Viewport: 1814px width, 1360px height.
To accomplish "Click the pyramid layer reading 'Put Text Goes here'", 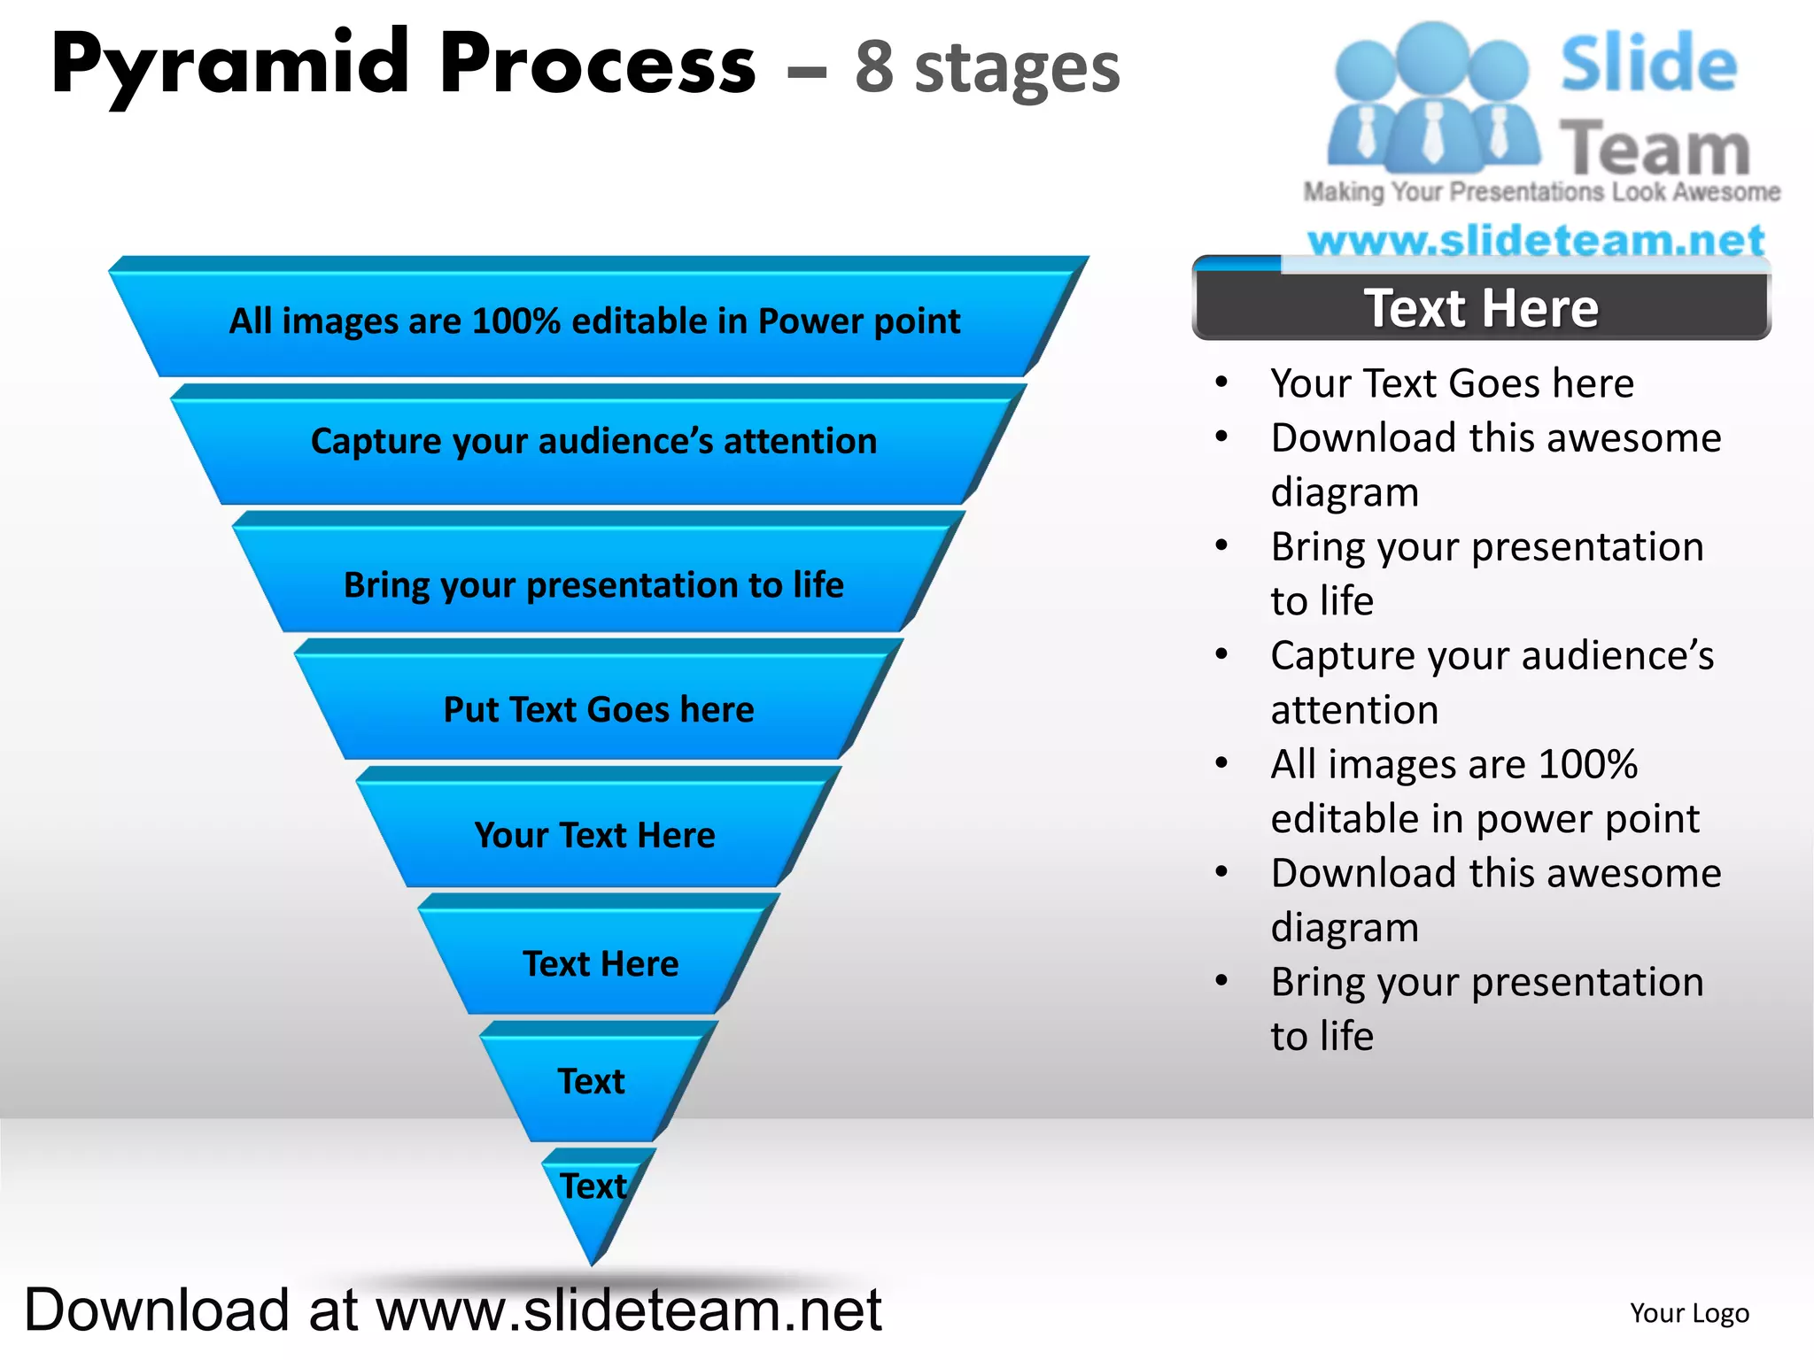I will coord(599,708).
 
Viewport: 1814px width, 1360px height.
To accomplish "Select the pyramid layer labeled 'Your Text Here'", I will coord(595,834).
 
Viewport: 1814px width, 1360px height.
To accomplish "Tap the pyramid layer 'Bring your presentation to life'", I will coord(593,584).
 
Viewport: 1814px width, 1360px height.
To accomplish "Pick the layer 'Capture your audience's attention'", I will coord(593,441).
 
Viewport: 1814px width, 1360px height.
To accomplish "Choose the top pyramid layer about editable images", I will coord(595,321).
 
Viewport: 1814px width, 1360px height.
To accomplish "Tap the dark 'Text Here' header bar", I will coord(1481,308).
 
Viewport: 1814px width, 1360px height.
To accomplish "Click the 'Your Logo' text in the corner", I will coord(1689,1313).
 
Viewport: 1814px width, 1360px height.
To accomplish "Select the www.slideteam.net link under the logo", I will coord(1536,240).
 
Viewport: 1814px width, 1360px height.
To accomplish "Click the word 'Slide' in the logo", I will coord(1648,64).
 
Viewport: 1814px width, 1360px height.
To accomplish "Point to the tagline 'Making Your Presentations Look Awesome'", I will coord(1541,192).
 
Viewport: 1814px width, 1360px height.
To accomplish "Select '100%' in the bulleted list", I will coord(1588,764).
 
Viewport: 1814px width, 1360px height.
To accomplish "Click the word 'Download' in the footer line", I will coord(157,1310).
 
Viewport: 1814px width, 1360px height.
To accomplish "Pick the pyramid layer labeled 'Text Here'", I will coord(601,963).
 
